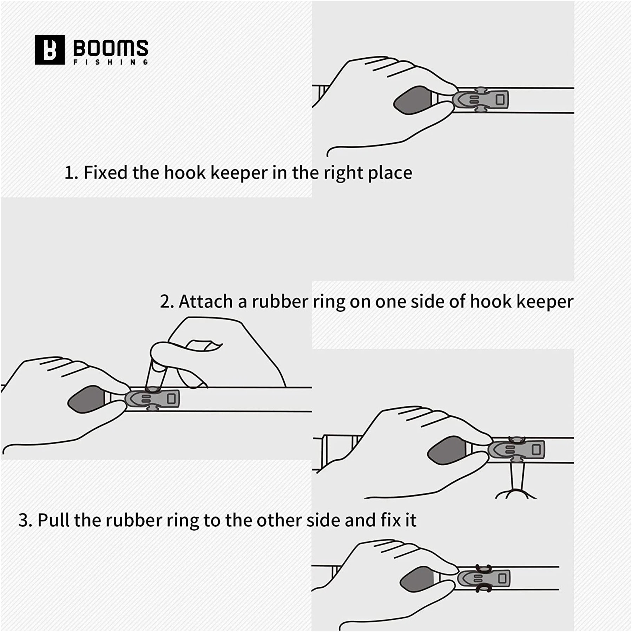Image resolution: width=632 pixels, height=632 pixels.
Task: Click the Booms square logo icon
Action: pos(50,50)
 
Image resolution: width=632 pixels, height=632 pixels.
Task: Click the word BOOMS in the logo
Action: pos(111,48)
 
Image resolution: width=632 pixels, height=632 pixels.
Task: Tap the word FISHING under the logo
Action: pos(111,62)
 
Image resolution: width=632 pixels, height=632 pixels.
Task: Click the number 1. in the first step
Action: pos(71,173)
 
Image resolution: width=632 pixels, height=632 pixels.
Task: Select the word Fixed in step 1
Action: pos(105,172)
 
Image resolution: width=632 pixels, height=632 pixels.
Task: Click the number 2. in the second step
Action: pos(167,302)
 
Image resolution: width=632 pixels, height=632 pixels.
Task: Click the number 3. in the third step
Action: pos(25,520)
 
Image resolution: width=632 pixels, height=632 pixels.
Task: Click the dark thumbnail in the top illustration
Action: pos(413,100)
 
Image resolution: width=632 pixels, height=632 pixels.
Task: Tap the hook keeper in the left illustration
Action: pos(152,399)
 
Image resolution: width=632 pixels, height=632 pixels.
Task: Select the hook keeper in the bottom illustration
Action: pos(483,578)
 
